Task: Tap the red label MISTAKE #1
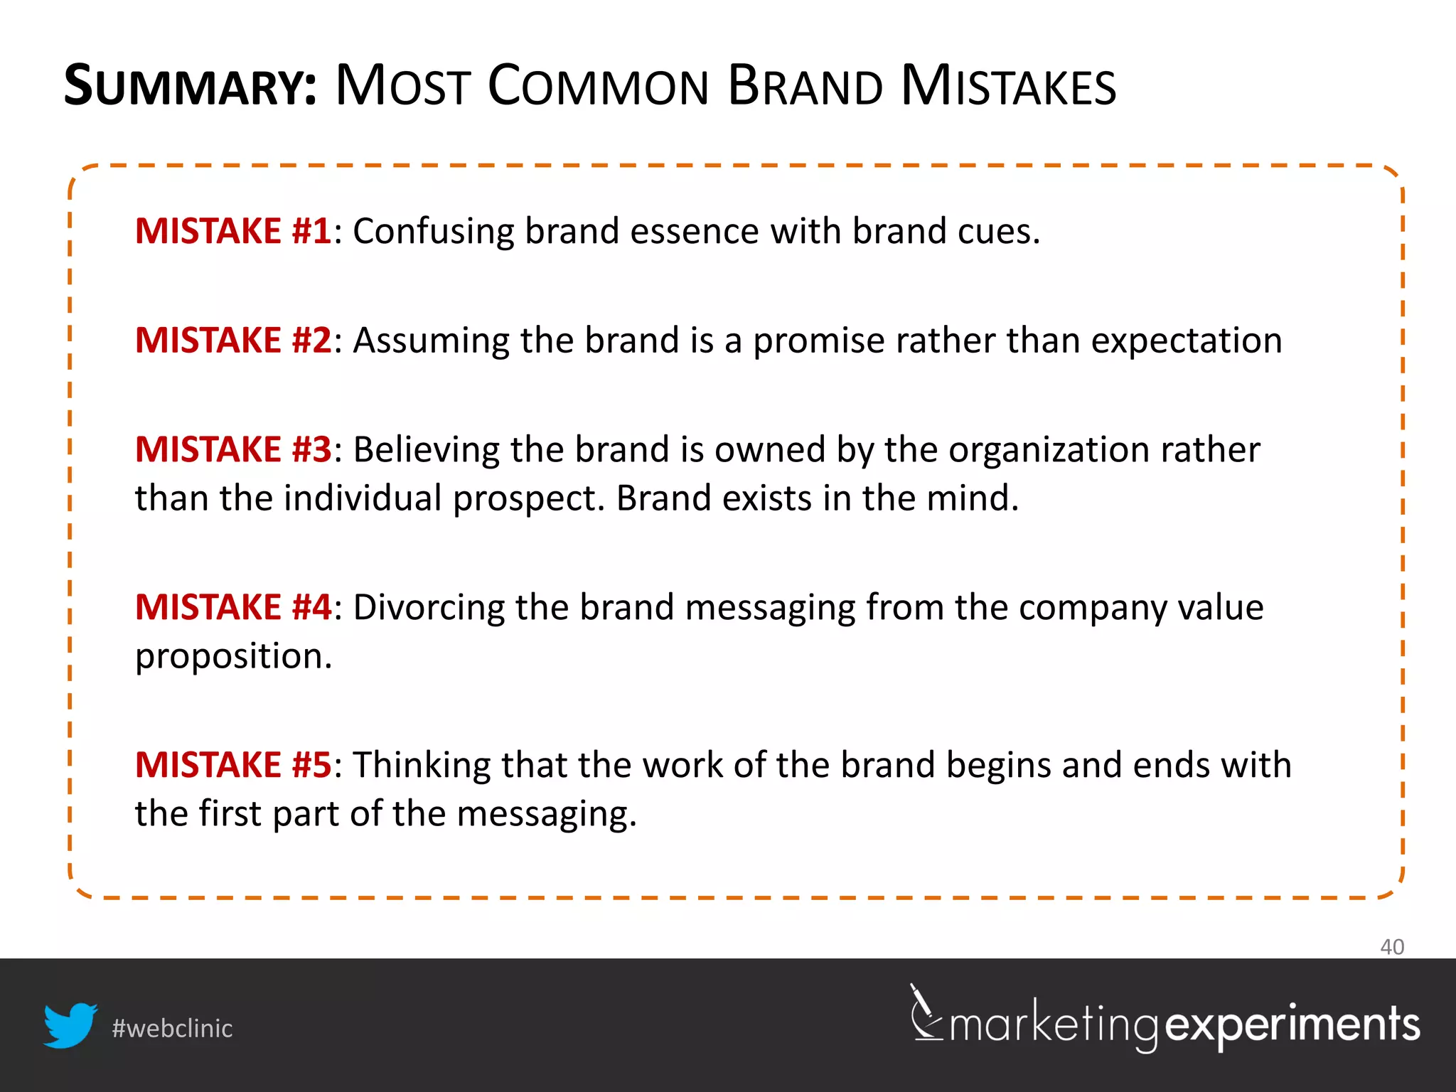tap(233, 231)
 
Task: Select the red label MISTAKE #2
tap(233, 341)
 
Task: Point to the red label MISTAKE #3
tap(233, 450)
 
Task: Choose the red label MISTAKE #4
tap(233, 608)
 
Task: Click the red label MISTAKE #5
tap(233, 766)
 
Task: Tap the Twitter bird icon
tap(70, 1025)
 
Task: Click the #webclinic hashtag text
tap(172, 1029)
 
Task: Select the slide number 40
tap(1391, 947)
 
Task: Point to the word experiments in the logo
tap(1292, 1026)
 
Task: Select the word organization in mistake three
tap(1049, 451)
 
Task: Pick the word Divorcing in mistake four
tap(429, 609)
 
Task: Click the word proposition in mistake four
tap(233, 657)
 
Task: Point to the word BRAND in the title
tap(805, 87)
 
